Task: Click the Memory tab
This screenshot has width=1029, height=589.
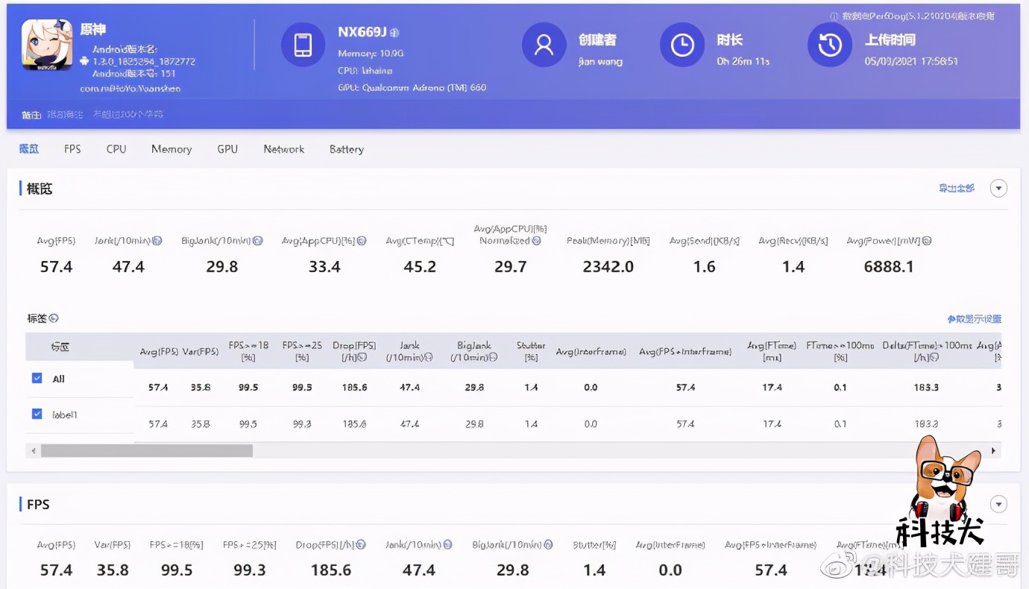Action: click(x=171, y=149)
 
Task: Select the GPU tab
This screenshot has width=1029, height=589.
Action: click(x=227, y=149)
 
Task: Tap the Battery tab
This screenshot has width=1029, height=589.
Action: click(x=347, y=149)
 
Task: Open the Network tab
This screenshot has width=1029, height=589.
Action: click(x=284, y=149)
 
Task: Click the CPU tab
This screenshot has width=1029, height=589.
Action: click(x=116, y=149)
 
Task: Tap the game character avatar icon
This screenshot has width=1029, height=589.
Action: click(x=47, y=45)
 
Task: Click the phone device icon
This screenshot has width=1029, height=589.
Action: click(x=303, y=45)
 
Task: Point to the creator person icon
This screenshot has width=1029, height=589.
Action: click(x=544, y=45)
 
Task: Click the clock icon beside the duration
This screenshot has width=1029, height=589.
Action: click(x=682, y=45)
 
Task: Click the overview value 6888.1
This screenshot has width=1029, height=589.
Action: click(x=889, y=267)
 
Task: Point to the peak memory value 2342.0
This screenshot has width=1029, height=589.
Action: click(x=608, y=267)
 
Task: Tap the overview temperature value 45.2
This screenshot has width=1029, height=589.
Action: click(x=420, y=267)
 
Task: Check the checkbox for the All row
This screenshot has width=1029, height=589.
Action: click(x=37, y=378)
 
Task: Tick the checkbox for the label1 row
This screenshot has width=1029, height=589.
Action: click(x=37, y=414)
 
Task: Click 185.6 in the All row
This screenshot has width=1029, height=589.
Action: click(x=355, y=388)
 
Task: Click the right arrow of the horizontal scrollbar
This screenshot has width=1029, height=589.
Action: click(x=993, y=451)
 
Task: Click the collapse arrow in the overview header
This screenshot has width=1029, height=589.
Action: click(x=998, y=189)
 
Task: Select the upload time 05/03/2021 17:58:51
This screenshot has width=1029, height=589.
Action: click(x=911, y=61)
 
